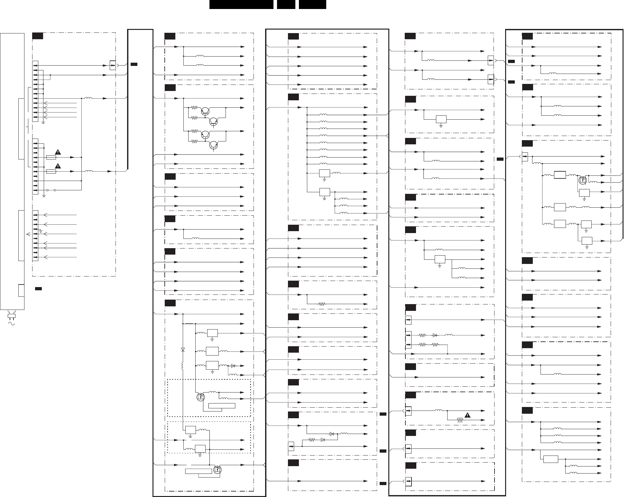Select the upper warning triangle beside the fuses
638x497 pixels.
[58, 152]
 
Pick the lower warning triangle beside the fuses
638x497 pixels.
[58, 166]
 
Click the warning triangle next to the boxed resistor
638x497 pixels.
[467, 415]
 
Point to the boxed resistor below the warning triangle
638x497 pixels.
[460, 420]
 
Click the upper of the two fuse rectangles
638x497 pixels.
[51, 158]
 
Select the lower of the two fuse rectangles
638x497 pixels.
[51, 172]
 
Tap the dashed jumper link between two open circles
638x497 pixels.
[51, 190]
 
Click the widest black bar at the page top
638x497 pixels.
[241, 5]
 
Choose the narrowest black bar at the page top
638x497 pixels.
[286, 5]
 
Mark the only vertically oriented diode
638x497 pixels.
[183, 349]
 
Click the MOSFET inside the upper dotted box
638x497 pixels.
[200, 397]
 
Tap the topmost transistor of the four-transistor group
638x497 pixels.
[205, 111]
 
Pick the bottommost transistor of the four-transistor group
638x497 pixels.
[213, 145]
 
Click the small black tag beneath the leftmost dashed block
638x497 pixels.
[38, 288]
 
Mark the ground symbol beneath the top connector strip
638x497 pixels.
[43, 123]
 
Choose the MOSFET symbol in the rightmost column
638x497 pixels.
[582, 180]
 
